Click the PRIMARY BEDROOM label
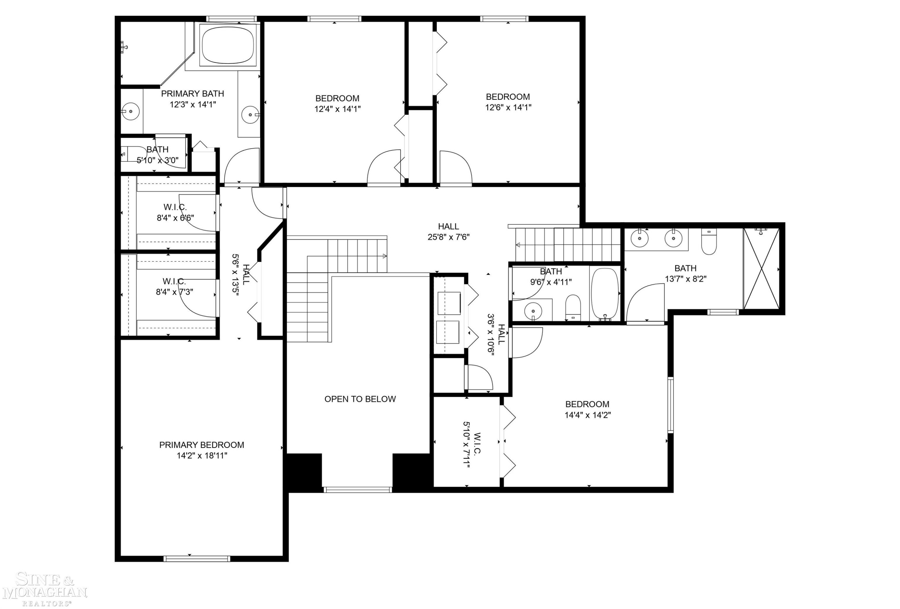pos(202,445)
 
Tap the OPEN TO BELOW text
pos(360,399)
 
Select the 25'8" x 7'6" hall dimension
pos(448,237)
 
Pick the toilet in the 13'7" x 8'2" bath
pos(709,241)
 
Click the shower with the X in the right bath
pos(761,268)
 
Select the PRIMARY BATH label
pos(193,93)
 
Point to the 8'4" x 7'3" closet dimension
pos(175,292)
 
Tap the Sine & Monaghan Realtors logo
pos(44,589)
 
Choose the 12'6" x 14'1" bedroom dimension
pos(508,107)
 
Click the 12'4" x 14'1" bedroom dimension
pos(337,109)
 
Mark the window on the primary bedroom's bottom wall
pos(197,559)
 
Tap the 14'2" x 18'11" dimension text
pos(202,456)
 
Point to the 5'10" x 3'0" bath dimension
pos(157,160)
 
